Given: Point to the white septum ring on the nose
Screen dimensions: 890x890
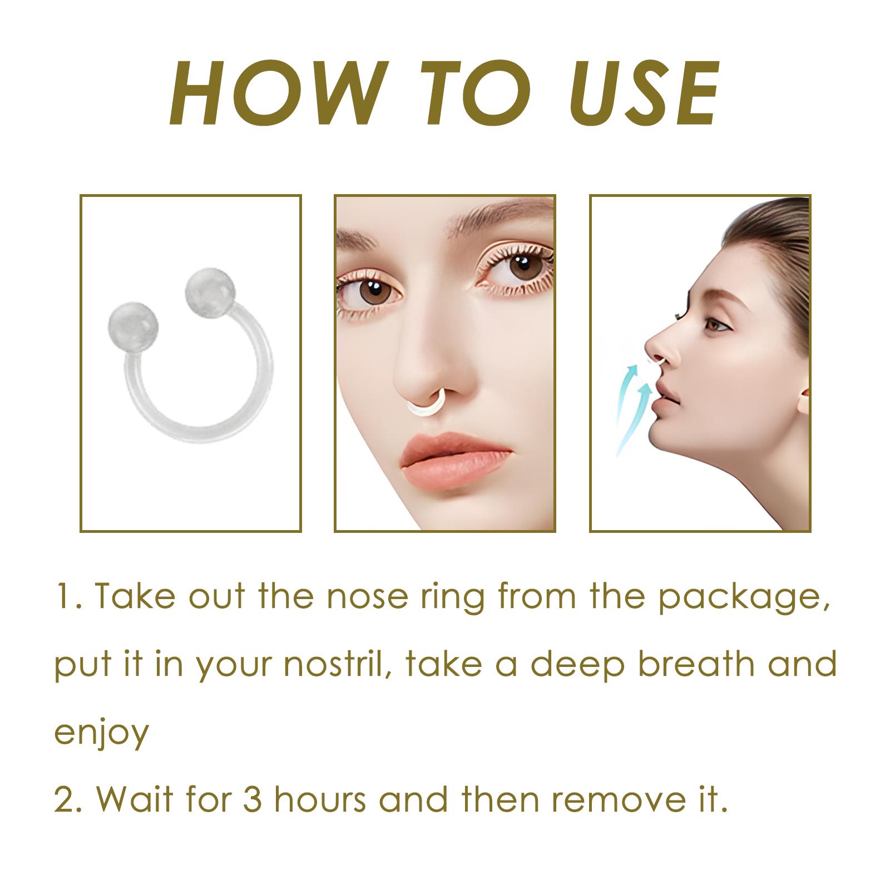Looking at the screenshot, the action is [x=429, y=402].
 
